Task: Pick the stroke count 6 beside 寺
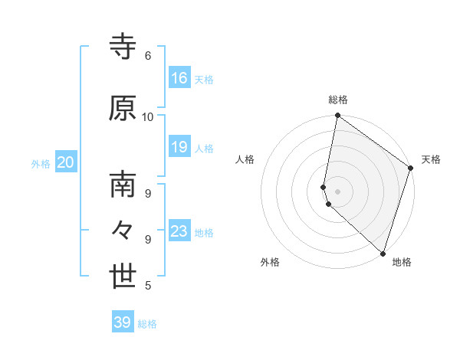pyautogui.click(x=148, y=56)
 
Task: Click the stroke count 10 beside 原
pyautogui.click(x=148, y=117)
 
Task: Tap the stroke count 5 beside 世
pyautogui.click(x=148, y=286)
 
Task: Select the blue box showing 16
pyautogui.click(x=179, y=78)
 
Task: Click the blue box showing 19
pyautogui.click(x=179, y=147)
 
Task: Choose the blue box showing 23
pyautogui.click(x=179, y=231)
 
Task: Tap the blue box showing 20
pyautogui.click(x=66, y=162)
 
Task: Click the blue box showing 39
pyautogui.click(x=123, y=322)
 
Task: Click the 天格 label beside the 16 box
pyautogui.click(x=204, y=80)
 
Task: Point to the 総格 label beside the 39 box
pyautogui.click(x=147, y=324)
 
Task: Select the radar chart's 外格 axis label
pyautogui.click(x=270, y=262)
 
